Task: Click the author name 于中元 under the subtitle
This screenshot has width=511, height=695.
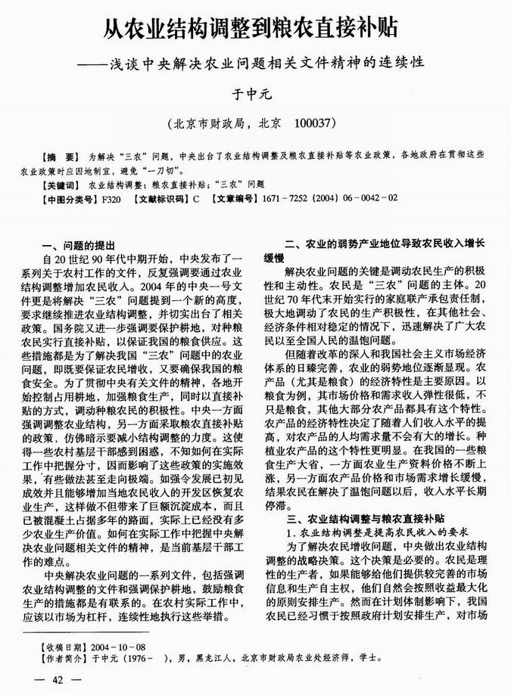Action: click(x=254, y=95)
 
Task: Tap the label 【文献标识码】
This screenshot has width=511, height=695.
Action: click(x=162, y=199)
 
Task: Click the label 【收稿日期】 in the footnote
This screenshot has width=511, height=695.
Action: click(x=64, y=648)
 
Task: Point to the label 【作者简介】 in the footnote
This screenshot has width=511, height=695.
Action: click(x=64, y=659)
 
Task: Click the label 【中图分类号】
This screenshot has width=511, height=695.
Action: click(x=69, y=199)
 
